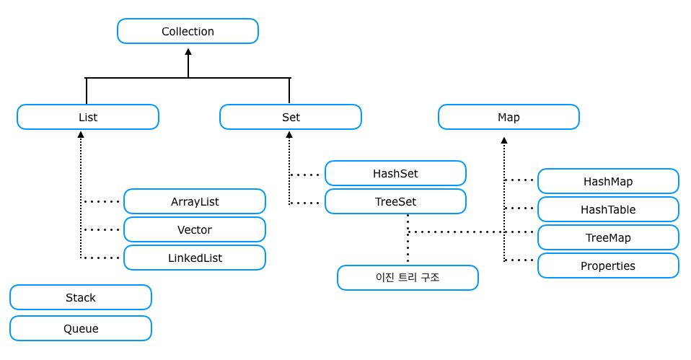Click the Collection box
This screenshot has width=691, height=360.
coord(188,31)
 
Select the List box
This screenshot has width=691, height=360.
coord(87,117)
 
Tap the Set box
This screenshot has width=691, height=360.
coord(291,117)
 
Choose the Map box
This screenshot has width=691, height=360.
coord(509,117)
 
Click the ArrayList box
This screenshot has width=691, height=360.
coord(195,201)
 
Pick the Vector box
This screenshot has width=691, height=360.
coord(195,229)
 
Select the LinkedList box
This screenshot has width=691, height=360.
coord(195,258)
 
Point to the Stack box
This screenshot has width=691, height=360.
coord(81,297)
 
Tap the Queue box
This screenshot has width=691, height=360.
coord(81,328)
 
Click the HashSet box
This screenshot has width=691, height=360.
coord(395,173)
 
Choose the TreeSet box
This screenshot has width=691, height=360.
coord(395,201)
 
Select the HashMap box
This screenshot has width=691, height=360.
coord(608,181)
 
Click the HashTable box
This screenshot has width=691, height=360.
coord(608,209)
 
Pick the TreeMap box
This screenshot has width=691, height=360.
coord(608,237)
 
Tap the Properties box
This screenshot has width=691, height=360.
coord(608,265)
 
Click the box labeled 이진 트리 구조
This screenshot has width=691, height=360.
coord(408,278)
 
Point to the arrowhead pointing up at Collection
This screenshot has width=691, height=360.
coord(188,52)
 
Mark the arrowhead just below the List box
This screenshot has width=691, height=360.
coord(81,135)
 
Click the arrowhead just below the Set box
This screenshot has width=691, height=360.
coord(289,135)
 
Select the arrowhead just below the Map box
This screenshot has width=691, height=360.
coord(504,141)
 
